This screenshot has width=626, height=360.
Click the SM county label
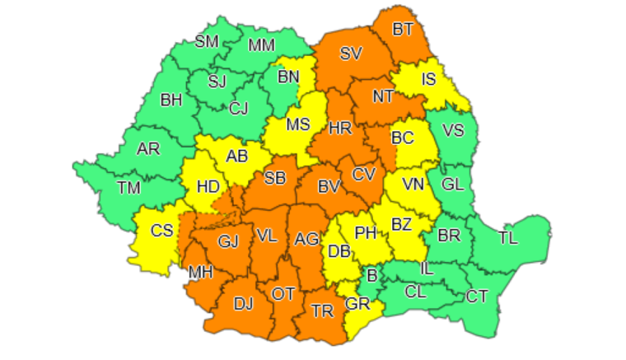(208, 42)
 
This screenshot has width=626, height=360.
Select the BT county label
(403, 30)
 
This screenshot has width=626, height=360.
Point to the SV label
(351, 54)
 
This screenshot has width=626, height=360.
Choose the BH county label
(171, 100)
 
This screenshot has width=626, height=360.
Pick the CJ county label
(239, 108)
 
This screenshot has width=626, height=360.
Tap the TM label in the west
(128, 188)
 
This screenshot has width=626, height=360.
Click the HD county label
(208, 186)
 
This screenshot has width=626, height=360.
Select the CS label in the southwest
(161, 230)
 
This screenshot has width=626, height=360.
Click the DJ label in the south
(243, 304)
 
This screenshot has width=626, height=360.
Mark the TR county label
(322, 311)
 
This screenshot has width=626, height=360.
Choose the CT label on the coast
(478, 296)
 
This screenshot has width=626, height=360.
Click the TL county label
(508, 238)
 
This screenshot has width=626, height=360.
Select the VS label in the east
(453, 129)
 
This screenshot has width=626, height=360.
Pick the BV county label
(329, 187)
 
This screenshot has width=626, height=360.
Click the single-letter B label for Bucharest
(371, 275)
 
